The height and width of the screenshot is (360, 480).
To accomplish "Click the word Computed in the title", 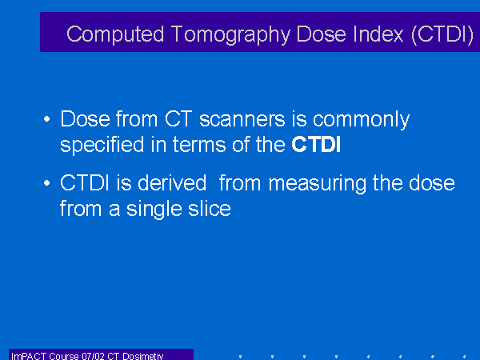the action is tap(115, 34).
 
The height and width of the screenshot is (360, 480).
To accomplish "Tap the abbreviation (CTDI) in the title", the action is tap(442, 34).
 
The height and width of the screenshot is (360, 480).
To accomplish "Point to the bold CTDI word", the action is tap(316, 145).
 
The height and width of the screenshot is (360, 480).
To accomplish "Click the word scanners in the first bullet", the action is tap(242, 119).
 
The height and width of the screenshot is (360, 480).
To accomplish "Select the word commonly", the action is tap(362, 120).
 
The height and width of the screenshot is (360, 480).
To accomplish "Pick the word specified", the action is tap(102, 145).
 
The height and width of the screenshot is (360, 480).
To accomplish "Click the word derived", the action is tap(172, 183).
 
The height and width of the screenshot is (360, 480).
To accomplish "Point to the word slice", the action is tap(210, 209).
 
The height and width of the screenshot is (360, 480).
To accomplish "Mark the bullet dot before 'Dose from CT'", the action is tap(47, 119).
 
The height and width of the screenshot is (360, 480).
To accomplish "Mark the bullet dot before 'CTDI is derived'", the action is tap(47, 183).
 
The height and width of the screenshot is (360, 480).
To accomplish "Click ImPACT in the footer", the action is tap(29, 356).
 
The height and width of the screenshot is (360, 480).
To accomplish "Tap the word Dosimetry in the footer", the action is tap(143, 356).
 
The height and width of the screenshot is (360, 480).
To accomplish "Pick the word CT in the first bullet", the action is tap(178, 118).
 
